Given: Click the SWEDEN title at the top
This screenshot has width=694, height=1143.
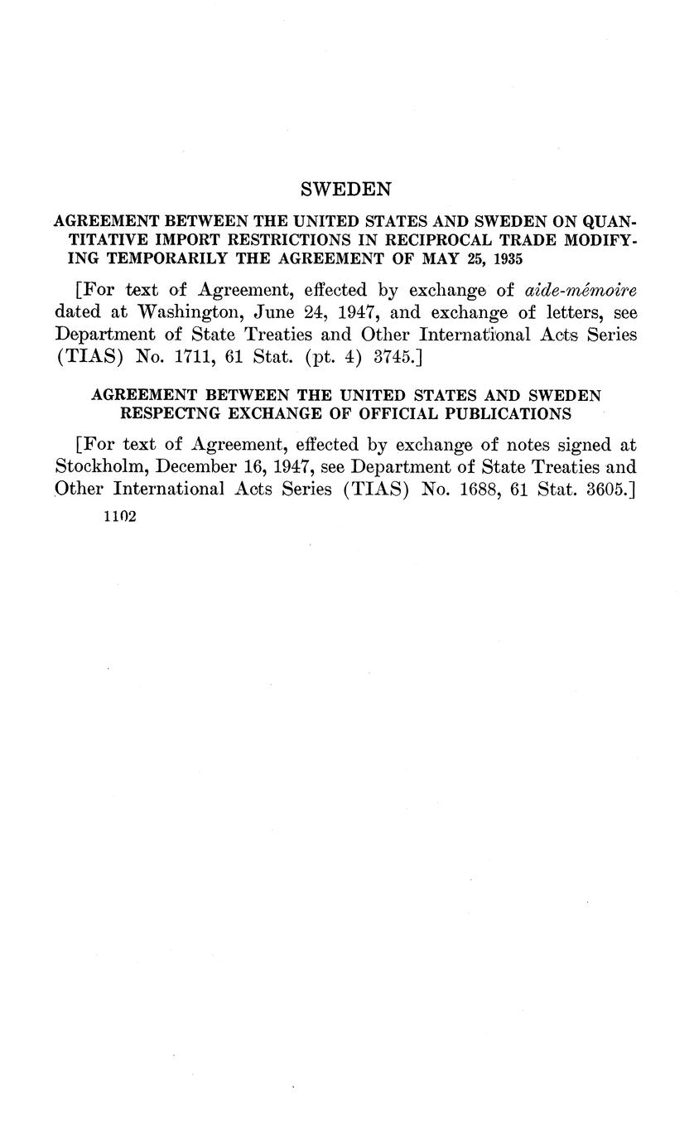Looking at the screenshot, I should point(345,190).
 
